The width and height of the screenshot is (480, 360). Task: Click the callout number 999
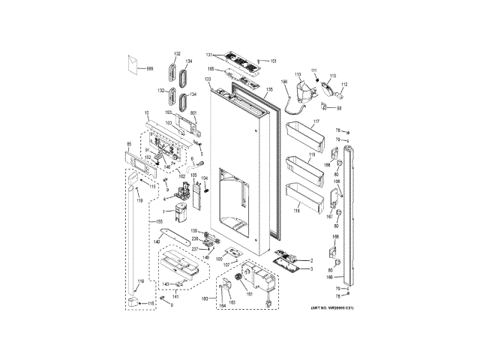coord(149,69)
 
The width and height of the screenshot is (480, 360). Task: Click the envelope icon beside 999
coord(134,65)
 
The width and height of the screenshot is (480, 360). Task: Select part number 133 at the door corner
coord(206,79)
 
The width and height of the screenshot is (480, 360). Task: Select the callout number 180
coord(205,300)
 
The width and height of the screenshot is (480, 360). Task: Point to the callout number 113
coord(297,74)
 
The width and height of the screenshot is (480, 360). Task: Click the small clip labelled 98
coord(338,107)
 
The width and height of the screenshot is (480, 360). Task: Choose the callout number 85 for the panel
coord(128,144)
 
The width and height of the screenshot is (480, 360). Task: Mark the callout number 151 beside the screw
coord(274,61)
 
